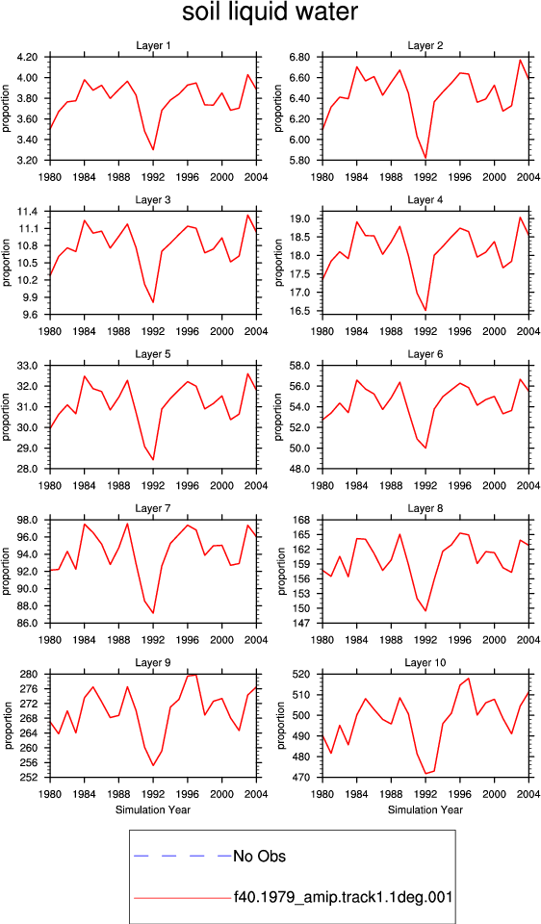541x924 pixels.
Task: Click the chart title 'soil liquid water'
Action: [270, 13]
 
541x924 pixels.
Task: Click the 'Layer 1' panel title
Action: [153, 45]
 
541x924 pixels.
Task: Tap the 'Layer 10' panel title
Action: [425, 663]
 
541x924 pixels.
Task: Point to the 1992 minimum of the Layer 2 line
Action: [425, 158]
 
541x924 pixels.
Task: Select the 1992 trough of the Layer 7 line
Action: [153, 613]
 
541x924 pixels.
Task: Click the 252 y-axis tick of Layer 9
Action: [38, 778]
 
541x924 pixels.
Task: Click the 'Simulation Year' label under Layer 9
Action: [153, 809]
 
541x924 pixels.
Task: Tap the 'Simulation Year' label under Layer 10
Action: [425, 809]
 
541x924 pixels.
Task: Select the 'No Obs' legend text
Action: [259, 857]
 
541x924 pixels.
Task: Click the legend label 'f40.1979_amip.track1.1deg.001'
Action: [343, 898]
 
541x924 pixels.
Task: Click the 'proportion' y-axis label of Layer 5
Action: [7, 417]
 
